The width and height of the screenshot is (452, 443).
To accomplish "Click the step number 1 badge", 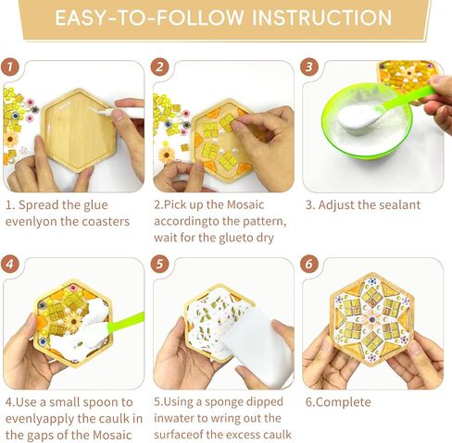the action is (9, 67).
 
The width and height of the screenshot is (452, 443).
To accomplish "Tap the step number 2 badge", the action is (159, 67).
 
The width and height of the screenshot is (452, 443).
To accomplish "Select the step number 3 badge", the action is (309, 67).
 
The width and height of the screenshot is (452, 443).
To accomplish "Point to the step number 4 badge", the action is (9, 264).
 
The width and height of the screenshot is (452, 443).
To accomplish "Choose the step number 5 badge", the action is (159, 264).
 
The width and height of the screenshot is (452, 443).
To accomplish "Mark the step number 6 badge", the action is (309, 264).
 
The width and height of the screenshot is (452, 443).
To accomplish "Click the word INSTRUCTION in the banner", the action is (322, 18).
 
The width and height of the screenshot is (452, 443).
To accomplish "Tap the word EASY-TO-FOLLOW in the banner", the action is (149, 18).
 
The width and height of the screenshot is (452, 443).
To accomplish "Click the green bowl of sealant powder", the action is (367, 121).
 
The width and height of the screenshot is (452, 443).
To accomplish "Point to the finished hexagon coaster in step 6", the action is (372, 320).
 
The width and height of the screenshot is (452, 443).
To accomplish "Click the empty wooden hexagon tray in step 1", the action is (79, 130).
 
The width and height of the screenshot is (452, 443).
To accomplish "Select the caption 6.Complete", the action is (338, 402).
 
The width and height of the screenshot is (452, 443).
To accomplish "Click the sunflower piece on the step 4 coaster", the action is (73, 322).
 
